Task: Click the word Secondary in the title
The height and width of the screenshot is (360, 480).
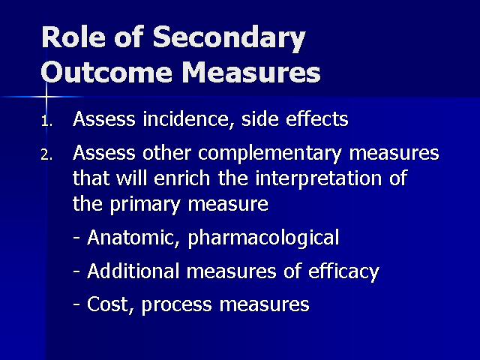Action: pos(229,38)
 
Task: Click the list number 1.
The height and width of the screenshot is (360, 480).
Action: pos(46,121)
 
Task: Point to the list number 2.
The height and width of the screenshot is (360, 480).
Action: pos(46,155)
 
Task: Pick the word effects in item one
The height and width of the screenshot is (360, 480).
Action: pos(316,118)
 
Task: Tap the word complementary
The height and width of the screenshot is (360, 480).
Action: pos(269,154)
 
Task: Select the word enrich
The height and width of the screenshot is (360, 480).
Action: pos(181,178)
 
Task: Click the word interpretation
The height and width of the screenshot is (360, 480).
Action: pos(318,179)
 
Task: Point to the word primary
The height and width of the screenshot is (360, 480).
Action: pos(145,205)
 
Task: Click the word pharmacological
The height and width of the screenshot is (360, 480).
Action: pos(263,238)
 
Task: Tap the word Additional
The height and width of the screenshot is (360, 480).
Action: pos(133,271)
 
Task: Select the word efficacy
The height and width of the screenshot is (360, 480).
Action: pos(343,271)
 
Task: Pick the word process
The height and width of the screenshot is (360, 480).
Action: pos(177,305)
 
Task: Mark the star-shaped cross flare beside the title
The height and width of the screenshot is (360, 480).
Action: pos(46,97)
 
